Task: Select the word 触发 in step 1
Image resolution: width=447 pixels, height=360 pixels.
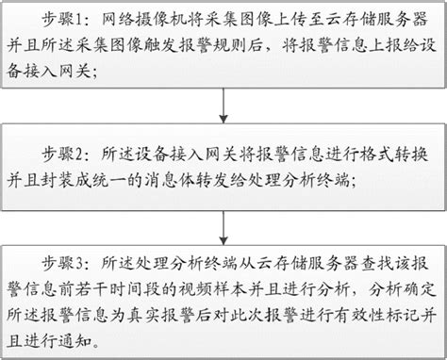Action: pos(177,45)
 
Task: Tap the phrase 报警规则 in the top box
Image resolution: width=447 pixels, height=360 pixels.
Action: pos(232,45)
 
